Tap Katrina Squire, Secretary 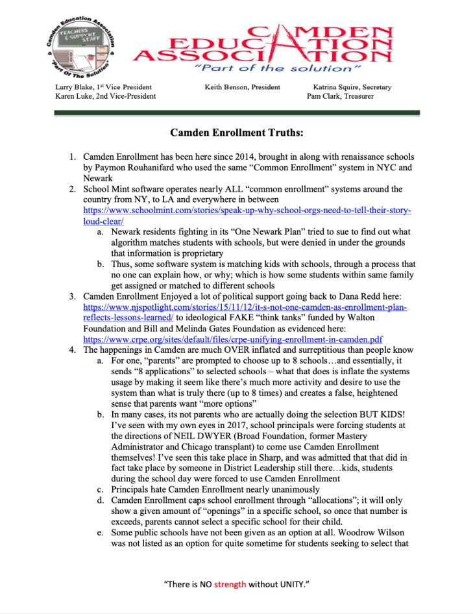pos(352,87)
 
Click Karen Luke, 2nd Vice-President pos(106,96)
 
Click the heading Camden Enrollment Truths pos(237,133)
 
